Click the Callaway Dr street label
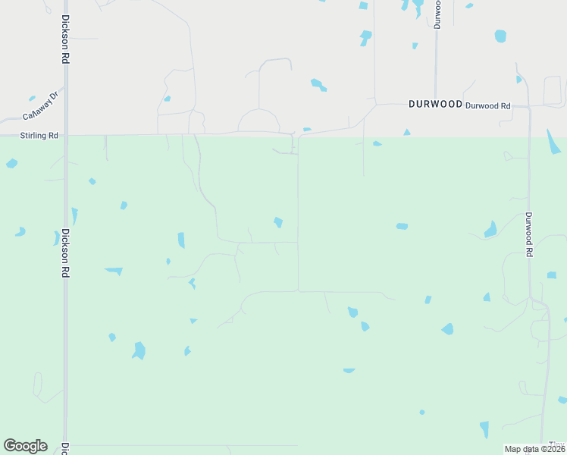pyautogui.click(x=40, y=107)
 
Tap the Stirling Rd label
pyautogui.click(x=39, y=136)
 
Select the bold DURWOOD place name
pyautogui.click(x=435, y=105)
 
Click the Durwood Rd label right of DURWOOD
pyautogui.click(x=487, y=106)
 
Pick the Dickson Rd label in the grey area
pyautogui.click(x=66, y=39)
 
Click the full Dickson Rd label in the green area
pyautogui.click(x=66, y=253)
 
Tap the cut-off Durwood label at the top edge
pyautogui.click(x=437, y=14)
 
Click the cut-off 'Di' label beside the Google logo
pyautogui.click(x=65, y=448)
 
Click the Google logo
pyautogui.click(x=25, y=446)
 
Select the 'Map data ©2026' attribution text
pyautogui.click(x=534, y=449)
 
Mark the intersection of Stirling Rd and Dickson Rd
pyautogui.click(x=66, y=136)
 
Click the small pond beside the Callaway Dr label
pyautogui.click(x=32, y=98)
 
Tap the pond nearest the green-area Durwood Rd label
pyautogui.click(x=490, y=229)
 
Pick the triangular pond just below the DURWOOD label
pyautogui.click(x=407, y=133)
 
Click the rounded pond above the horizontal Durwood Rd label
pyautogui.click(x=500, y=36)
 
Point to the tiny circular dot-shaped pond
pyautogui.click(x=421, y=412)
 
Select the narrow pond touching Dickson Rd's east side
pyautogui.click(x=74, y=215)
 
